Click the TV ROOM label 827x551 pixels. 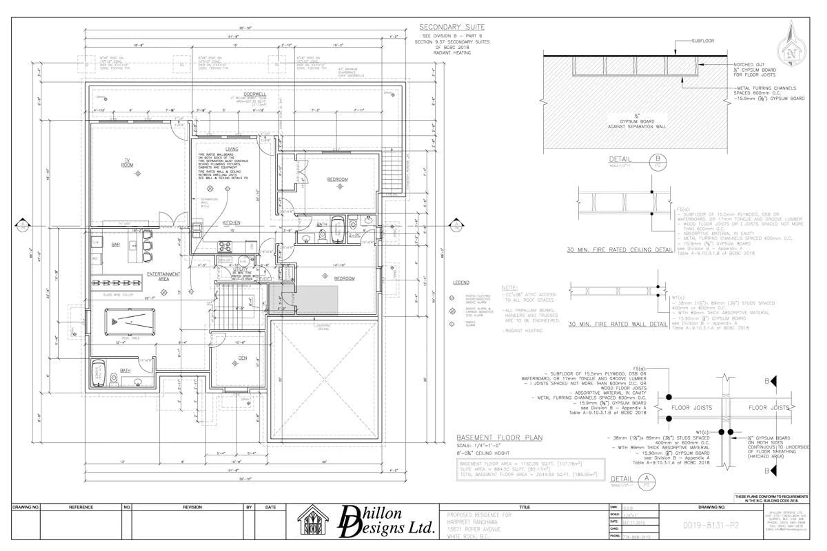click(x=127, y=163)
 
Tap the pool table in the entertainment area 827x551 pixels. click(x=130, y=322)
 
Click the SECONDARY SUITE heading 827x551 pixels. click(x=452, y=27)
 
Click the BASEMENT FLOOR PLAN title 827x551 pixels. click(x=499, y=438)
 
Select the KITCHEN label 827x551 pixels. click(x=231, y=223)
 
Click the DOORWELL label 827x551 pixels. click(x=255, y=94)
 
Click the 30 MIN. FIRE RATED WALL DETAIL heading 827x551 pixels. click(x=618, y=324)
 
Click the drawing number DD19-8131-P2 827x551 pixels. click(x=711, y=525)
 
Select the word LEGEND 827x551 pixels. click(x=461, y=283)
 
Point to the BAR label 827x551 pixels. click(x=116, y=245)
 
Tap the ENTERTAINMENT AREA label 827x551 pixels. click(x=163, y=276)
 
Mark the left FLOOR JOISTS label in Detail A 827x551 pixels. click(x=691, y=408)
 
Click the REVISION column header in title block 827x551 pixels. click(x=192, y=507)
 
